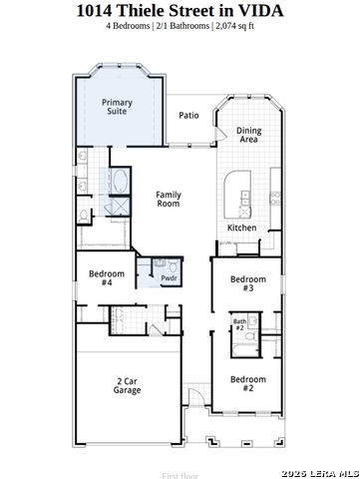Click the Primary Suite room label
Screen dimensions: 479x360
[x=117, y=107]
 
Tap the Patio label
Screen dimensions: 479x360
[x=188, y=115]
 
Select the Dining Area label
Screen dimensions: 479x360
[x=249, y=135]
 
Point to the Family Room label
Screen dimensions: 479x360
[x=169, y=200]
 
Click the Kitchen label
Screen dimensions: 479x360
[x=242, y=228]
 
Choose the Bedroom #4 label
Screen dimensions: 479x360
[x=106, y=277]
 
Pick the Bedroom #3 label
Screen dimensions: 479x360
[x=248, y=283]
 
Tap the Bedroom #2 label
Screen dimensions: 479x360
[x=248, y=384]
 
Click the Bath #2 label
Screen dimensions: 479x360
[x=239, y=325]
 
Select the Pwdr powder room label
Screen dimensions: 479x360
[x=170, y=278]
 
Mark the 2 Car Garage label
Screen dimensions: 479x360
[x=127, y=385]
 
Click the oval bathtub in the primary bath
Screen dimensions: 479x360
[x=120, y=183]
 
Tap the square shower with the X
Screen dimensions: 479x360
[x=119, y=207]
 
